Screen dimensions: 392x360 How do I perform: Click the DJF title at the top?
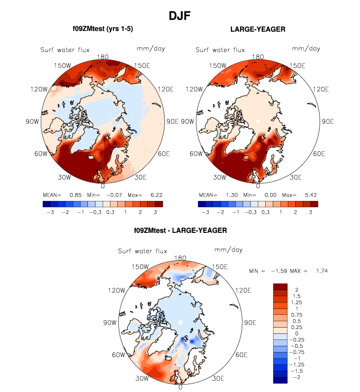click(x=180, y=16)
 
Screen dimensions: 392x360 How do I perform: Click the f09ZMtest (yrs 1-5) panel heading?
click(x=102, y=29)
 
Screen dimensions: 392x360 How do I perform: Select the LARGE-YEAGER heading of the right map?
click(x=258, y=29)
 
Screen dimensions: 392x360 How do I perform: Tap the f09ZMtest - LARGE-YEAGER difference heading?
click(x=180, y=230)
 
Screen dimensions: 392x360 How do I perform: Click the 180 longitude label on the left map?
click(x=103, y=56)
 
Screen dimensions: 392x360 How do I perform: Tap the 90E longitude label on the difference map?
click(x=250, y=323)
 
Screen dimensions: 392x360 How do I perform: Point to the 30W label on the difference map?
click(x=143, y=378)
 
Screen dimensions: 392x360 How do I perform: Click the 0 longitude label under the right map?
click(x=258, y=186)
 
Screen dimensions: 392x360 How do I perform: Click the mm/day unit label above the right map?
click(x=305, y=48)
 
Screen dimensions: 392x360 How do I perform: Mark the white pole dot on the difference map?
click(x=180, y=322)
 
